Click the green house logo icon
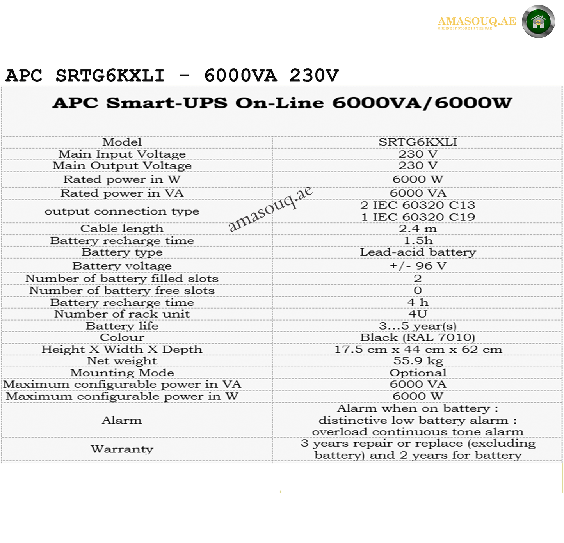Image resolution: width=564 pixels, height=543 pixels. pyautogui.click(x=538, y=21)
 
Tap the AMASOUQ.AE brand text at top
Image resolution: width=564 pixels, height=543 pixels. pyautogui.click(x=477, y=21)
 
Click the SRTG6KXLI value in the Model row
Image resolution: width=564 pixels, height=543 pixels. pyautogui.click(x=418, y=142)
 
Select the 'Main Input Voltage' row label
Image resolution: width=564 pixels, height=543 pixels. pyautogui.click(x=122, y=154)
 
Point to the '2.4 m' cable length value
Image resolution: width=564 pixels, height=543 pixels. pyautogui.click(x=418, y=229)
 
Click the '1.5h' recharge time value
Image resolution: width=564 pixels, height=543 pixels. pyautogui.click(x=418, y=241)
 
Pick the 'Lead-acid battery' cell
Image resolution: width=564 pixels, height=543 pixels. pyautogui.click(x=418, y=252)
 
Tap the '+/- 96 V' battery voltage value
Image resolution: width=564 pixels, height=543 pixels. pyautogui.click(x=418, y=266)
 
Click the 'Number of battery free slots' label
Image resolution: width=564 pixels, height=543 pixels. pyautogui.click(x=122, y=291)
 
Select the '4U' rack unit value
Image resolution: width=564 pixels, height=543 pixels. pyautogui.click(x=418, y=314)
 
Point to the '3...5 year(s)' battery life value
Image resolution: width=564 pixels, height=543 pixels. pyautogui.click(x=418, y=326)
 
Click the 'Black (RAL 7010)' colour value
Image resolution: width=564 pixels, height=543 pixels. pyautogui.click(x=418, y=337)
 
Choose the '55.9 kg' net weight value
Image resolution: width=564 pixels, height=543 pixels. pyautogui.click(x=418, y=361)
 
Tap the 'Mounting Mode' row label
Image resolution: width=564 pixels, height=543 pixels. pyautogui.click(x=122, y=373)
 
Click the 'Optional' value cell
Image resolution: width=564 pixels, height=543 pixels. pyautogui.click(x=418, y=373)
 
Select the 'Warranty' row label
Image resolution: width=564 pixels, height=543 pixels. pyautogui.click(x=122, y=449)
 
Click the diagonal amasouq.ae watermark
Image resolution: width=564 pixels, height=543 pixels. pyautogui.click(x=270, y=209)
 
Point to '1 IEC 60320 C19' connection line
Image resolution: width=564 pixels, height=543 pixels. pyautogui.click(x=418, y=217)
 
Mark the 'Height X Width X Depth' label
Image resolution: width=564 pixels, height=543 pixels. pyautogui.click(x=122, y=350)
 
